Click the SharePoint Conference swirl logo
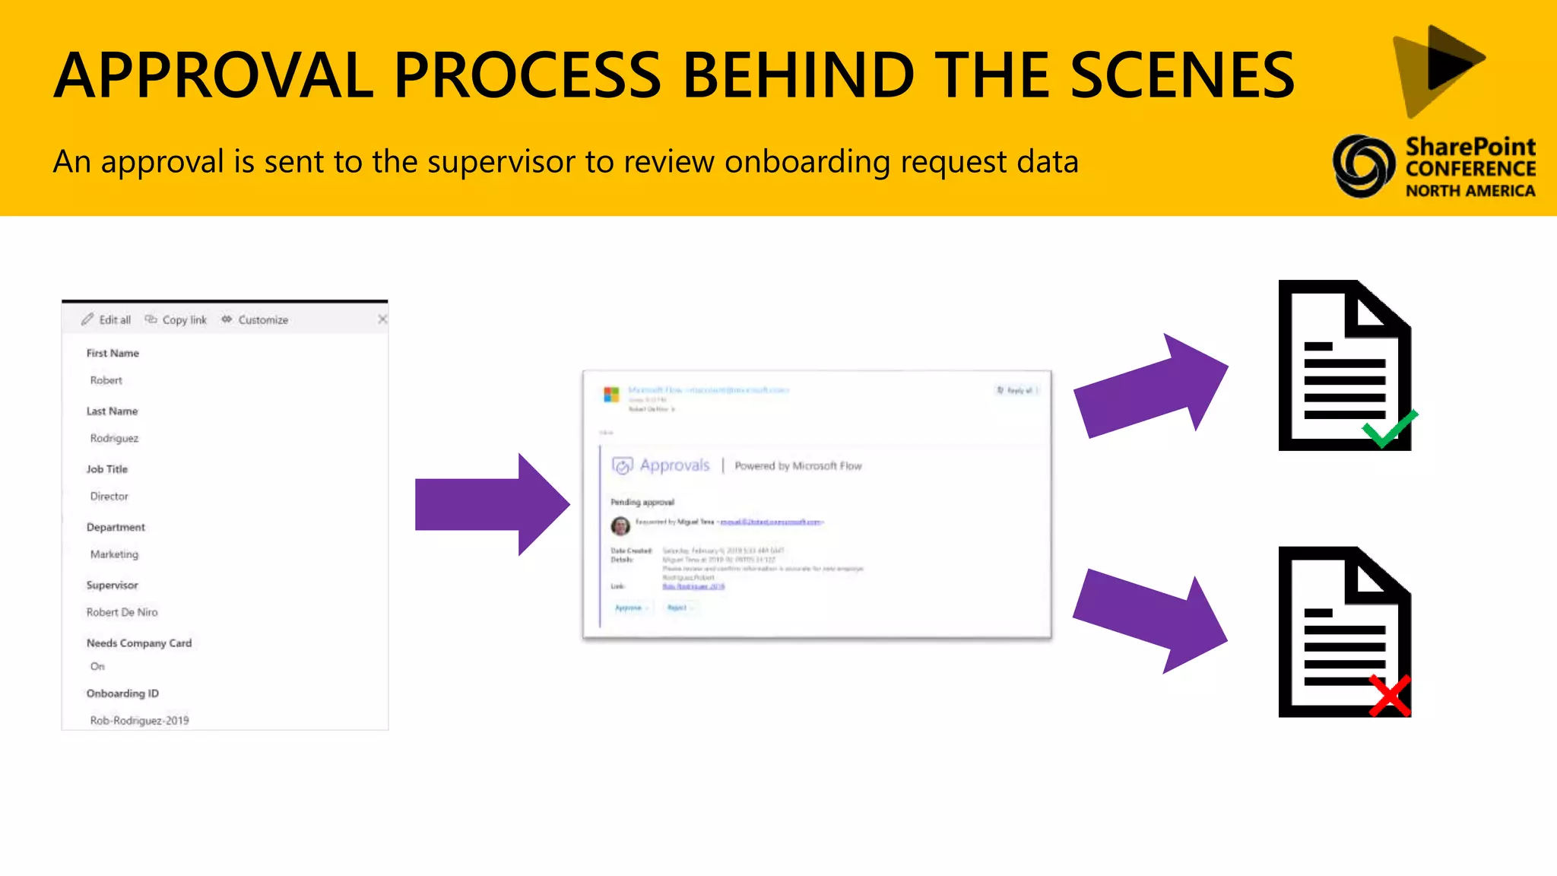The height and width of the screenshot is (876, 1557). point(1363,166)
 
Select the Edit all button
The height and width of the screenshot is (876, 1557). point(106,320)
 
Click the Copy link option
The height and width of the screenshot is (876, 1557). point(176,320)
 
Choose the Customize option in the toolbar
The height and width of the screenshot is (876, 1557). point(255,320)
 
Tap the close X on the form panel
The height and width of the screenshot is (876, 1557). point(382,319)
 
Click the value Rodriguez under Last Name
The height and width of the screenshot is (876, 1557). point(114,438)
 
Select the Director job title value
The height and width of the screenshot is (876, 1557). point(109,497)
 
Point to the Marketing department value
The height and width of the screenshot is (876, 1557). point(114,554)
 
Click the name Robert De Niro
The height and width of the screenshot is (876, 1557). point(122,612)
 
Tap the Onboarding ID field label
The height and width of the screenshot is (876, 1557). point(122,693)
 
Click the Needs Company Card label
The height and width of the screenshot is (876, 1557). point(139,643)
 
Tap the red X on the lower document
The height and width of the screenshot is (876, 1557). point(1390,695)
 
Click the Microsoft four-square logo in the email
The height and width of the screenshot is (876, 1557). point(611,395)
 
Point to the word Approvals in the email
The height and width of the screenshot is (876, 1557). point(674,465)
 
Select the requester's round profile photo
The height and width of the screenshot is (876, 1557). point(620,525)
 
